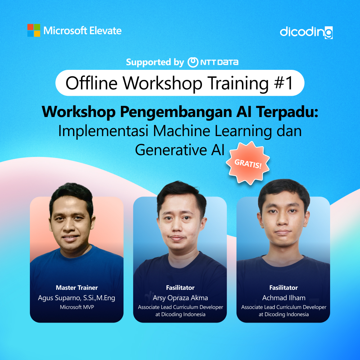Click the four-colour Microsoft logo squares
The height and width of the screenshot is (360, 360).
point(33,30)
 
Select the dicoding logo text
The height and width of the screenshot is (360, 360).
point(306,32)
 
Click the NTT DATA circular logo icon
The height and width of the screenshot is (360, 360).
point(193,62)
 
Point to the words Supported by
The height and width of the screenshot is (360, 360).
point(155,62)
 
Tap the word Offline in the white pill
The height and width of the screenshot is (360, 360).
point(91,83)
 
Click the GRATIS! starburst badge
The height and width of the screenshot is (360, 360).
point(248,163)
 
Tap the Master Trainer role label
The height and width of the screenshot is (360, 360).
point(77,288)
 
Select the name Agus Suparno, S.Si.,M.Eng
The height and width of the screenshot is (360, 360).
point(77,298)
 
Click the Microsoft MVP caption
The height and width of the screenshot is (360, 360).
point(77,307)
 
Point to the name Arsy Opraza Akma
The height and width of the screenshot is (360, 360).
point(180,298)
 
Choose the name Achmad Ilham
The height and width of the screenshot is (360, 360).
point(284,298)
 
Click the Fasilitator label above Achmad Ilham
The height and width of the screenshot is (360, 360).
point(284,288)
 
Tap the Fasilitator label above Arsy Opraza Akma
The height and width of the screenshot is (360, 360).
point(180,288)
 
